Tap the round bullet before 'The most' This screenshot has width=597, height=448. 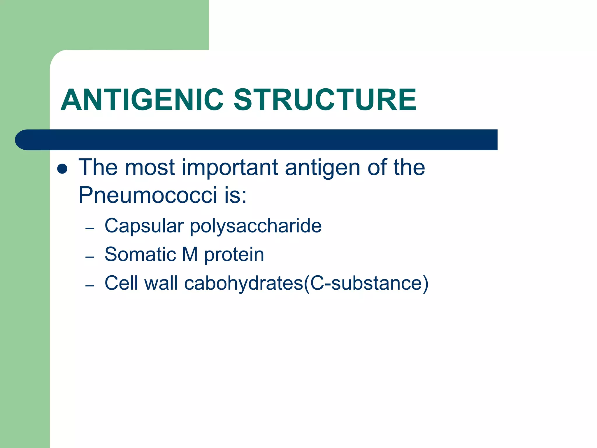point(62,169)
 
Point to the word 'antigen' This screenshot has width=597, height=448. point(322,168)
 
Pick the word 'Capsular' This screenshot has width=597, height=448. point(144,226)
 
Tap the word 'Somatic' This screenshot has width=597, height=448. point(140,254)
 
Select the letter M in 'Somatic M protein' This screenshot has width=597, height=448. point(190,254)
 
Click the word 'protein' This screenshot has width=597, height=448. point(234,255)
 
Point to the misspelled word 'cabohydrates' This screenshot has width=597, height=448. point(244,283)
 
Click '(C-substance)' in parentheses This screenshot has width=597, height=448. point(366,283)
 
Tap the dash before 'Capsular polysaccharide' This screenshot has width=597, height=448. point(90,228)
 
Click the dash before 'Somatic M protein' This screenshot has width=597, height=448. point(90,257)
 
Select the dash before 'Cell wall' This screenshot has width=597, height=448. point(90,286)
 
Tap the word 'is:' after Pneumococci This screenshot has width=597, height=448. point(235,195)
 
